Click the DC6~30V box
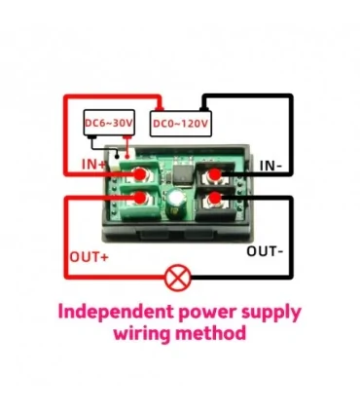tap(107, 124)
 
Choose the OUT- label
tap(265, 251)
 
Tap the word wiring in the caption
tap(146, 334)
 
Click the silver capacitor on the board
tap(176, 200)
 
